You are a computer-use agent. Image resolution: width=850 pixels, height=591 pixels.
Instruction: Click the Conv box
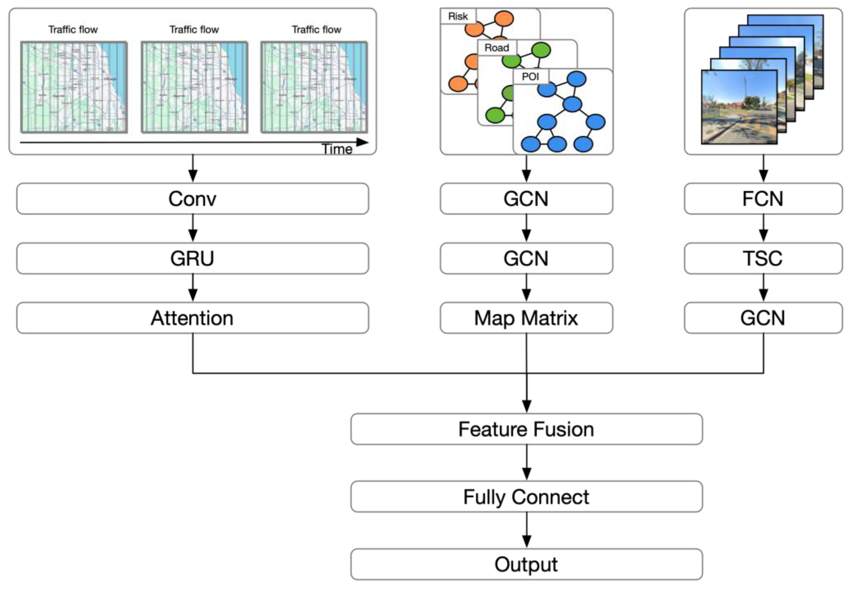[x=192, y=199]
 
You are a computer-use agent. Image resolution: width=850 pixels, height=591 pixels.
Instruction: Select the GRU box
[x=192, y=258]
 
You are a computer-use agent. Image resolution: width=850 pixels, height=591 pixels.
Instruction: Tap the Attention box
[x=192, y=318]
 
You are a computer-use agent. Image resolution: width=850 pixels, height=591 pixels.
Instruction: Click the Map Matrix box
[x=526, y=318]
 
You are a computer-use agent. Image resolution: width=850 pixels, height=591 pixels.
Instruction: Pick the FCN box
[x=763, y=199]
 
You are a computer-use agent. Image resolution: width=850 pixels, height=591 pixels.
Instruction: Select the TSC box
[x=763, y=258]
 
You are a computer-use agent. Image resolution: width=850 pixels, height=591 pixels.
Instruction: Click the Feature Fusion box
[x=526, y=429]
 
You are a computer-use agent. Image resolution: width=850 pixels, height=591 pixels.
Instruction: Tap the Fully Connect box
[x=526, y=497]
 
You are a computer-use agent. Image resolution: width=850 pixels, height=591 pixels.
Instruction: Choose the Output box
[x=526, y=564]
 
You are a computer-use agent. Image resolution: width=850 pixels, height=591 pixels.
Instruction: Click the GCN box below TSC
[x=763, y=318]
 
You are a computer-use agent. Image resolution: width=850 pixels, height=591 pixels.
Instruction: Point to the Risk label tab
[x=458, y=16]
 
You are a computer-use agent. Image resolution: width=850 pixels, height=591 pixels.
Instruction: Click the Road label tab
[x=497, y=48]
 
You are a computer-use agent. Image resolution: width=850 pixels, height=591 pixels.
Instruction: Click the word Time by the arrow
[x=337, y=149]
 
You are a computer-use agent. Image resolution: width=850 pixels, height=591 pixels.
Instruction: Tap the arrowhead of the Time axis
[x=362, y=142]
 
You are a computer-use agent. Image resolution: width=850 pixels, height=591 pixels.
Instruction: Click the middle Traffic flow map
[x=194, y=87]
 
